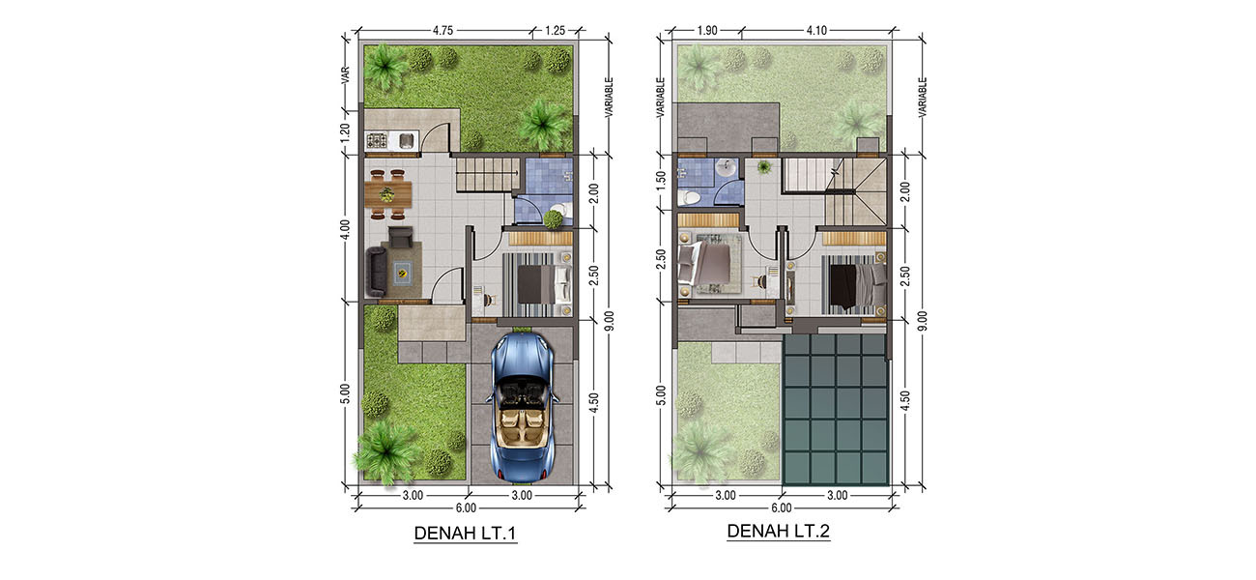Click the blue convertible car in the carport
pos(523,407)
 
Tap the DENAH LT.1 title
pos(465,533)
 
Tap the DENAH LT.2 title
pos(779,531)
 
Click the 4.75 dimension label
pos(442,30)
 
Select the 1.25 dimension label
pos(556,30)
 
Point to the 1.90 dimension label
pos(707,30)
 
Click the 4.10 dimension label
pos(816,30)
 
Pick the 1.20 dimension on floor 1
pos(345,131)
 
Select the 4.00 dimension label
pos(345,229)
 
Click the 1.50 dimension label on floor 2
pos(661,180)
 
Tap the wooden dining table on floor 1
pos(387,194)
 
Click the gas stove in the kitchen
pos(375,139)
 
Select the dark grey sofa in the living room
pos(376,272)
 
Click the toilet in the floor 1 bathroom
pos(558,212)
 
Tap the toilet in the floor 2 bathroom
pos(689,198)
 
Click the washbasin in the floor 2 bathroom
pos(727,168)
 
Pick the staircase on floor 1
pos(487,174)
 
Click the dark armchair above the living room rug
pos(401,237)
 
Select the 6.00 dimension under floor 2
pos(781,508)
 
